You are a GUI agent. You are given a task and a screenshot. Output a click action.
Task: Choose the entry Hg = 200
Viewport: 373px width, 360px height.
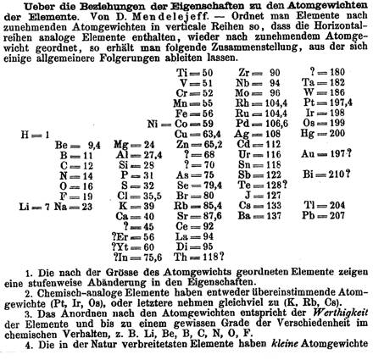pos(317,133)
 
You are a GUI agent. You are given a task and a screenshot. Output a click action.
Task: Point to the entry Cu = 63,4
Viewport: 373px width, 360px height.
pos(196,133)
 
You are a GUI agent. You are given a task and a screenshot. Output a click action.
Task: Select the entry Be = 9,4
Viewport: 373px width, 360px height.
pos(75,145)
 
